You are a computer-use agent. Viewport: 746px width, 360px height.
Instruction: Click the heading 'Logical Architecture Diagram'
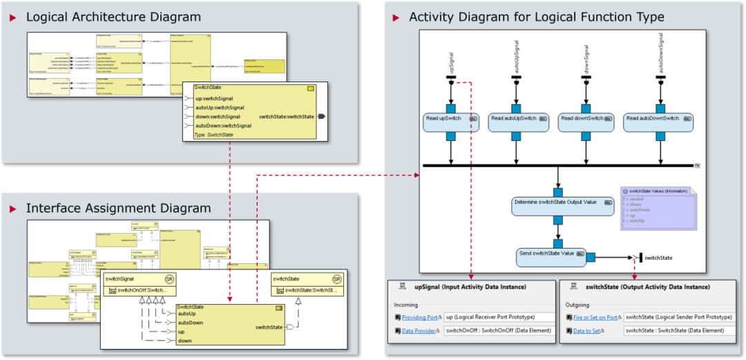[113, 17]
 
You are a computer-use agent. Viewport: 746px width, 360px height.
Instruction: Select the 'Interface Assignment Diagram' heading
[118, 208]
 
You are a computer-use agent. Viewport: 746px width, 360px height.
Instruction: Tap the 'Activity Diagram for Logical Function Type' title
[536, 17]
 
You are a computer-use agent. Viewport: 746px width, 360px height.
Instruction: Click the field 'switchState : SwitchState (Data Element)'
[673, 331]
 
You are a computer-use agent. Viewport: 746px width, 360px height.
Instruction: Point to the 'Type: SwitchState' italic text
[215, 135]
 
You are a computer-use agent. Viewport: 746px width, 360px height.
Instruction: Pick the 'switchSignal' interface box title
[122, 278]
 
